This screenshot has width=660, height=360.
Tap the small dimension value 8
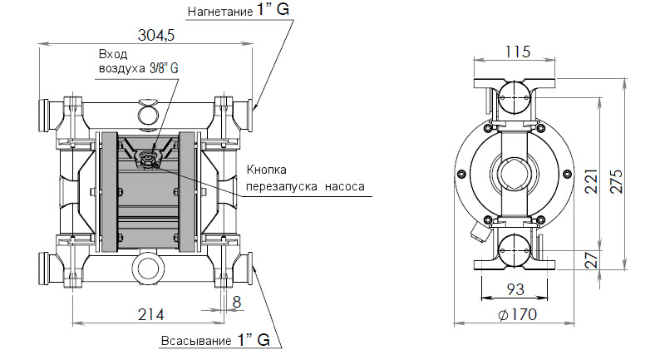pyautogui.click(x=237, y=302)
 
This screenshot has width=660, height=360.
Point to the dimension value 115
pyautogui.click(x=517, y=52)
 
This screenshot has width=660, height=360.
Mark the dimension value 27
pyautogui.click(x=591, y=259)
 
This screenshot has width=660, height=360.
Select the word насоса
pyautogui.click(x=345, y=187)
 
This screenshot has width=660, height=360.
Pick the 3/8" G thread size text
pyautogui.click(x=164, y=69)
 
